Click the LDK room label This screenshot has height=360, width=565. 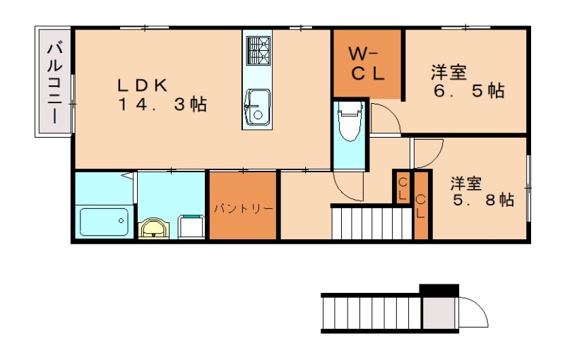click(143, 85)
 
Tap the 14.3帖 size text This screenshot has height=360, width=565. click(162, 104)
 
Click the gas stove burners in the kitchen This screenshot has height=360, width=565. click(258, 51)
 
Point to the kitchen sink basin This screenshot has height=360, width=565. click(257, 107)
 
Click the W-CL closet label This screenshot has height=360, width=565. click(367, 64)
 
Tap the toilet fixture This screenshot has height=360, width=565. click(350, 121)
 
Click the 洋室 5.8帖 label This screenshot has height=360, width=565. click(483, 191)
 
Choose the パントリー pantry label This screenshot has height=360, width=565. click(244, 208)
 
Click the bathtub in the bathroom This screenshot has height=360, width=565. click(104, 222)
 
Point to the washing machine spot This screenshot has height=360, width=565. click(191, 226)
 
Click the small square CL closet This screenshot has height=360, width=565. click(403, 188)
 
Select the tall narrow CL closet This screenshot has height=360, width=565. click(421, 206)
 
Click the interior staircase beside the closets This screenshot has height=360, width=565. click(371, 223)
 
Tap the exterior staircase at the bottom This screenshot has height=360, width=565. click(371, 313)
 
